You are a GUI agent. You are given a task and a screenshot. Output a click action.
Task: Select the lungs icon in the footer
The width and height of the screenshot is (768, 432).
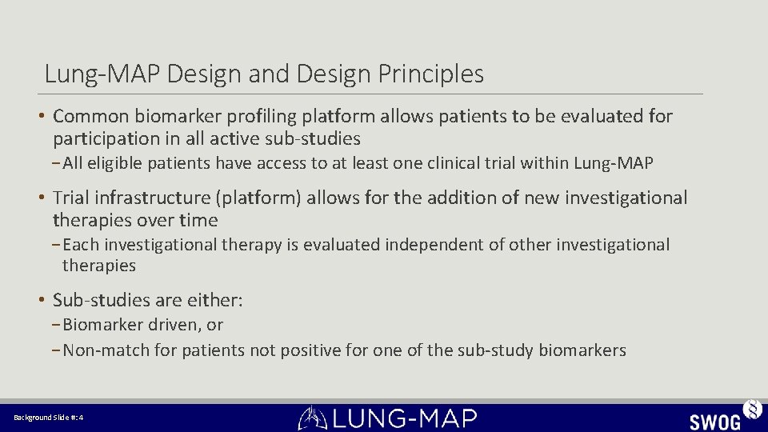coord(312,418)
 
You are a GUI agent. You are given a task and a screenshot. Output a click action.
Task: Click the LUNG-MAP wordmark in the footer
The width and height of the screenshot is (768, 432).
coord(404,418)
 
